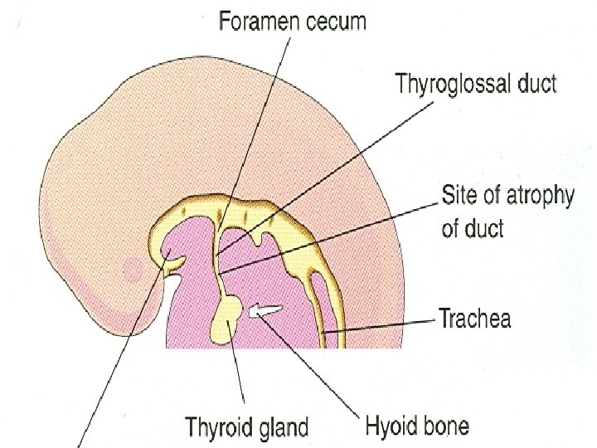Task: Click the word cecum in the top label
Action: pyautogui.click(x=337, y=22)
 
